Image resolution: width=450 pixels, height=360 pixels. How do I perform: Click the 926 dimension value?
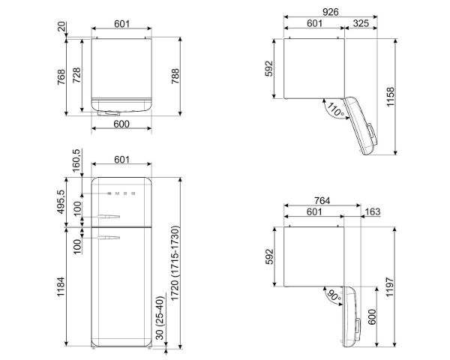point(330,12)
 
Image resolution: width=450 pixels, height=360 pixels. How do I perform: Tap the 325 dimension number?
point(361,23)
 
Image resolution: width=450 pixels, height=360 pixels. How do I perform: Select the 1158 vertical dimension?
point(390,97)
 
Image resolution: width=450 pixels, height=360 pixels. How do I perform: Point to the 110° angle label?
point(335,110)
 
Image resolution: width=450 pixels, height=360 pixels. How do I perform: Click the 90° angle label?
point(334,295)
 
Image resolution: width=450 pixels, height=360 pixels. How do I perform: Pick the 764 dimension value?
point(322,200)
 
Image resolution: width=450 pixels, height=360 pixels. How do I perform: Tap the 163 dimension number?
point(373,211)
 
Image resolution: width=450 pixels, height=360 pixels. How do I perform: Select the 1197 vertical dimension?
point(390,286)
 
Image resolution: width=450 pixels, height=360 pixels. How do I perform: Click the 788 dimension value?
point(175,76)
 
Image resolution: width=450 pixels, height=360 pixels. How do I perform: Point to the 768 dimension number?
point(61,77)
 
